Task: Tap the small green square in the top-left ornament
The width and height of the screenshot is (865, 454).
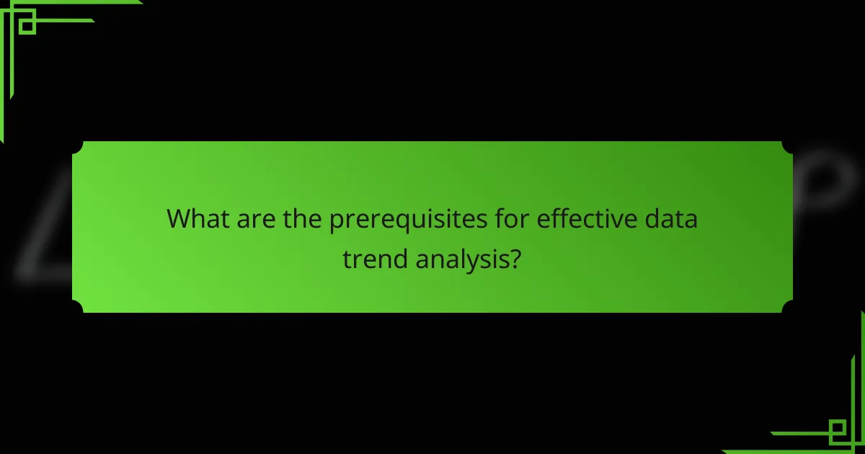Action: [x=27, y=25]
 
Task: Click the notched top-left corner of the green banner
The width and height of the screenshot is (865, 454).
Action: [x=77, y=146]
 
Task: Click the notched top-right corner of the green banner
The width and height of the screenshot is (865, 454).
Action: [x=788, y=146]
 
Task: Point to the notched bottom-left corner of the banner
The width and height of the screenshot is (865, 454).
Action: [x=77, y=308]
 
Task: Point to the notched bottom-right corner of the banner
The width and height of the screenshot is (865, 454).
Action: [x=788, y=308]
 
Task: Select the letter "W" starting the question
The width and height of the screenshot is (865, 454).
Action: [x=178, y=219]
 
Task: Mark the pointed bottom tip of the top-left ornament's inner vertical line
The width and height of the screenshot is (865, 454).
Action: [x=2, y=141]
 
